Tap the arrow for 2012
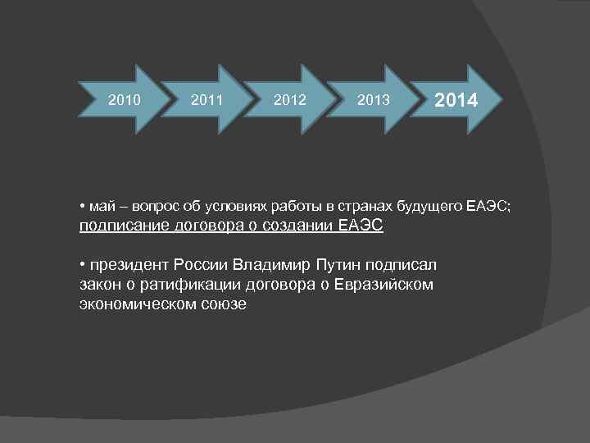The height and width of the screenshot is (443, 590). click(x=289, y=100)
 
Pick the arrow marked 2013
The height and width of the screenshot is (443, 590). click(x=374, y=100)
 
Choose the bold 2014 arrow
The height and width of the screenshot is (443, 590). click(x=455, y=100)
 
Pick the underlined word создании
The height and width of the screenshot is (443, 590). click(x=296, y=226)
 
